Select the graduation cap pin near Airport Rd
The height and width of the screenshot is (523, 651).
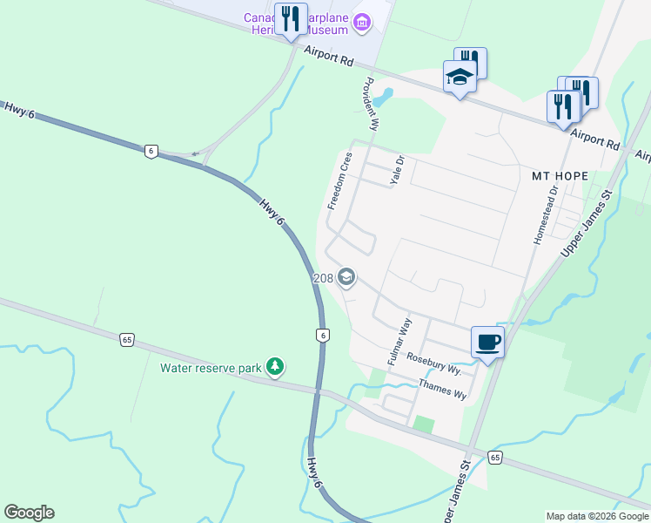[x=460, y=78]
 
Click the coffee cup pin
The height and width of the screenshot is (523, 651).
[x=487, y=342]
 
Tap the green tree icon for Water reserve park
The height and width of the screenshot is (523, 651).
[x=275, y=367]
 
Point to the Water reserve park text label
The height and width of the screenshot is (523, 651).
[x=211, y=368]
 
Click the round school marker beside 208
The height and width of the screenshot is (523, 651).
[x=346, y=278]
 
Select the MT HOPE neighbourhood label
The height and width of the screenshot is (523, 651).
[x=560, y=176]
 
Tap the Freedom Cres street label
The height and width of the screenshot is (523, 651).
[x=339, y=180]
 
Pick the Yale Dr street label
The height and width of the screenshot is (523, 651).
[x=399, y=172]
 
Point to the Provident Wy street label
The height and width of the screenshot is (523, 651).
[x=370, y=104]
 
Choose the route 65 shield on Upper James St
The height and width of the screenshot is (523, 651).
[x=494, y=458]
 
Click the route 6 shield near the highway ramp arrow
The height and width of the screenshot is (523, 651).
[x=151, y=151]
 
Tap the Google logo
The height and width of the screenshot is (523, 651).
[x=29, y=513]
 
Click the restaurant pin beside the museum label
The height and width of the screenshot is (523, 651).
[x=290, y=20]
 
